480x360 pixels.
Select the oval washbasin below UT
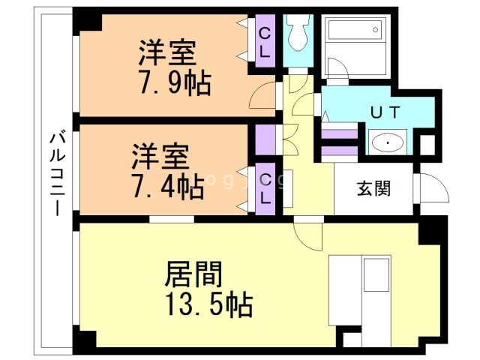click(x=387, y=140)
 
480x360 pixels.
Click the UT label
click(x=386, y=111)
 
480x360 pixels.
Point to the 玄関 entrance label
click(x=373, y=187)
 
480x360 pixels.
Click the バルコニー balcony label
click(x=55, y=173)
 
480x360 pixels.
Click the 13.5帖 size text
click(x=209, y=304)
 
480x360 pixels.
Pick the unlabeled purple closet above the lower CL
click(x=265, y=139)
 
